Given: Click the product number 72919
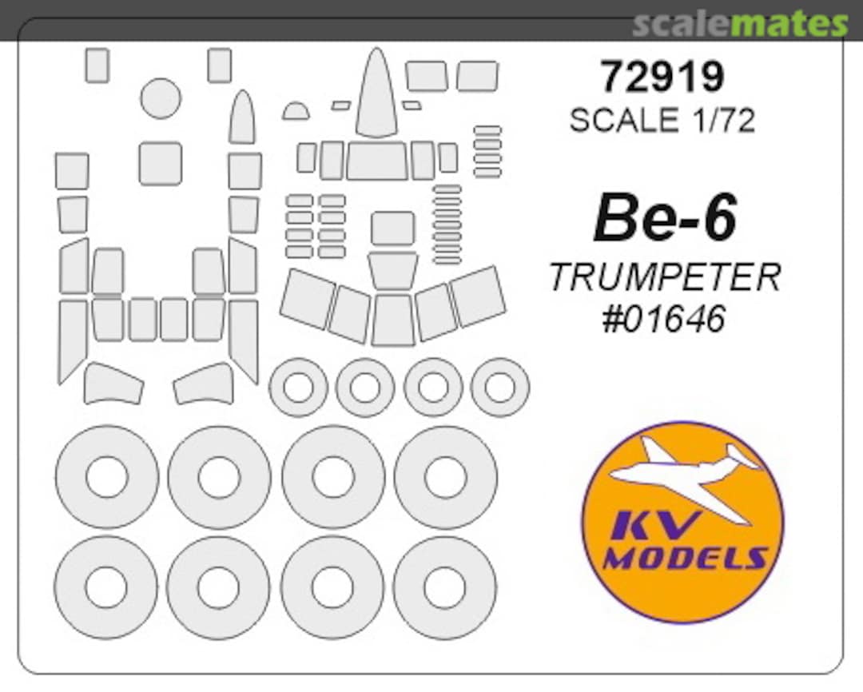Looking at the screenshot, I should point(662,78).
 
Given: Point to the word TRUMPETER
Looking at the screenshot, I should point(664,277).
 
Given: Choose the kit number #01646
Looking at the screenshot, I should point(664,318).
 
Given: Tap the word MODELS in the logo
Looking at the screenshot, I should point(684,557).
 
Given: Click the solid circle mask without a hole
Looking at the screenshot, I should point(161,98).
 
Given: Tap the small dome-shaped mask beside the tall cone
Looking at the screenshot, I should point(296,111).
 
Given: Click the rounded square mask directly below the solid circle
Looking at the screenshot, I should point(160,163).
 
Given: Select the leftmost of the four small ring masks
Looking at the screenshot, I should point(298,388).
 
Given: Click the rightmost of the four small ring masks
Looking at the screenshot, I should point(500,388).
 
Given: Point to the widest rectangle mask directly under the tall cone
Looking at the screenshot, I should point(376,161).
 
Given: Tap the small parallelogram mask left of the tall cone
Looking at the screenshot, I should point(341,105).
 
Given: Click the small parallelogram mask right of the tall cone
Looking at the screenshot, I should point(412,105).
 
